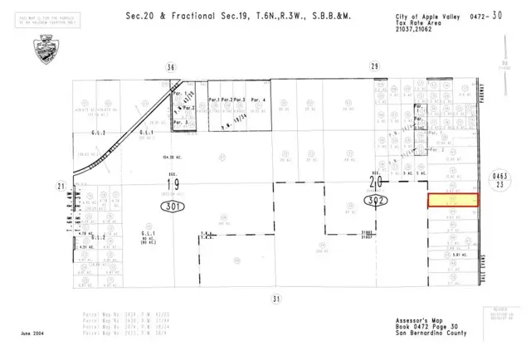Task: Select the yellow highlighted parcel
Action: tap(453, 201)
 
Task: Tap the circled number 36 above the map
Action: tap(171, 66)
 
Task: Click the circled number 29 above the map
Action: tap(374, 66)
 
